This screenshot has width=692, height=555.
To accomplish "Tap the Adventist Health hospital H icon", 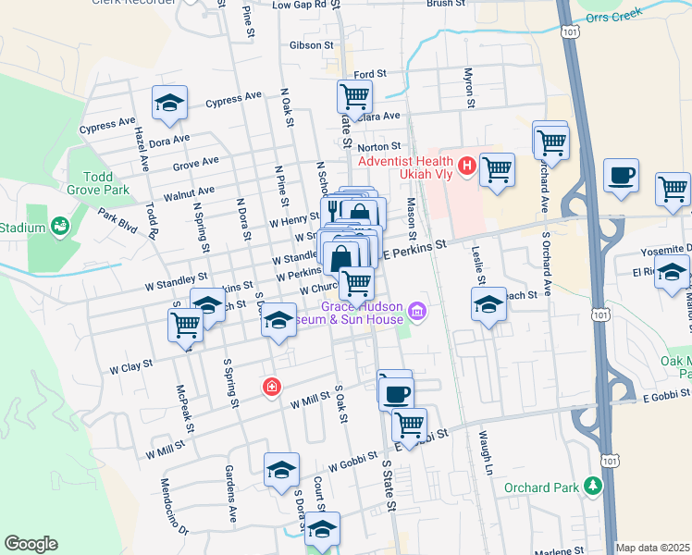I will [467, 166].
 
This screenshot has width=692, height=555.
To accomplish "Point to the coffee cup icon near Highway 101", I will [621, 174].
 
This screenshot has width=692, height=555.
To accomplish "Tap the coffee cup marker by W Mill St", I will [395, 392].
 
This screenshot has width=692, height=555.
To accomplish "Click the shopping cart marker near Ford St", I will [354, 95].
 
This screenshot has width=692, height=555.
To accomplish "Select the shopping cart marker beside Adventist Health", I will [498, 170].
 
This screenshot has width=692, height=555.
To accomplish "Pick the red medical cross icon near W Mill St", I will [271, 386].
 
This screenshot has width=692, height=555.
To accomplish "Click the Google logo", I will [31, 544].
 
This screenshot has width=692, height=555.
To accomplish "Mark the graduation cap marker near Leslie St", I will [488, 304].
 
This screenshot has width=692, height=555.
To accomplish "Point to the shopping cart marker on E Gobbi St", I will [409, 426].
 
